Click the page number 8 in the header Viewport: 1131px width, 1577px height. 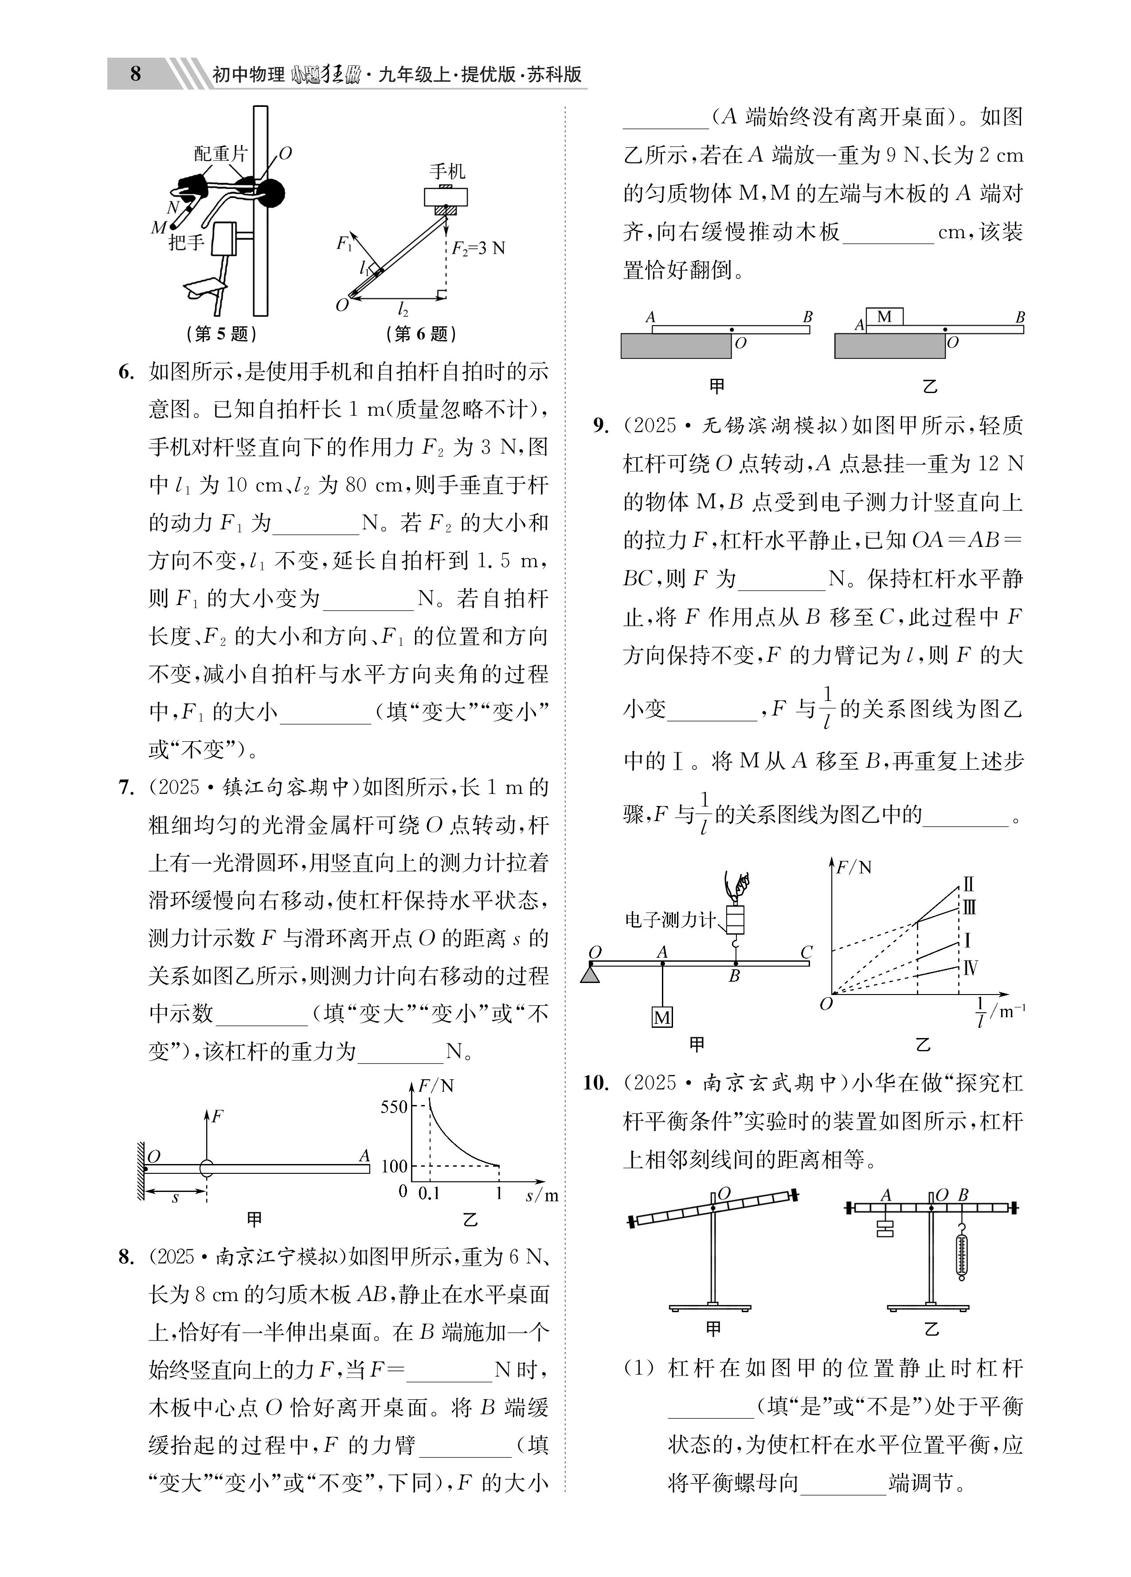pos(136,74)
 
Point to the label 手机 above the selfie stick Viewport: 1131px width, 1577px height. pos(446,171)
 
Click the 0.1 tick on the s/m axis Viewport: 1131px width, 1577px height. pos(429,1193)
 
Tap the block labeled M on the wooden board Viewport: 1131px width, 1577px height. pos(884,317)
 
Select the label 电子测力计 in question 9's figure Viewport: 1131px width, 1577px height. pos(669,920)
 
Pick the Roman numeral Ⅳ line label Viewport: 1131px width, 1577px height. pos(971,967)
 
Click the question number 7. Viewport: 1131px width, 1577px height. pos(125,788)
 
